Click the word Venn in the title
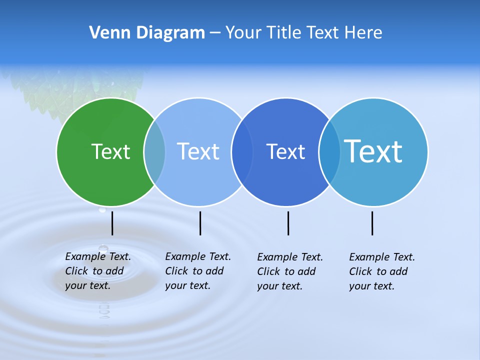coord(106,33)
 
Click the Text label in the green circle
coord(110,151)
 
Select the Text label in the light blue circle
coord(198,151)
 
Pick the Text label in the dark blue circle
coord(285,151)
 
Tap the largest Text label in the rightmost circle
coord(373,151)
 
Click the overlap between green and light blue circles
coord(154,151)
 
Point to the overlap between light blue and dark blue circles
coord(242,151)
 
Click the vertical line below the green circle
coord(112,223)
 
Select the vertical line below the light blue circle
coord(200,223)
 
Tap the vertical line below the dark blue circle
coord(288,223)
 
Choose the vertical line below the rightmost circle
coord(372,223)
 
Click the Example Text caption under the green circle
coord(97,271)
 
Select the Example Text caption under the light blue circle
coord(197,271)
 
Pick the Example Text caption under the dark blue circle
coord(289,271)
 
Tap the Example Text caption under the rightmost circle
coord(381,271)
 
